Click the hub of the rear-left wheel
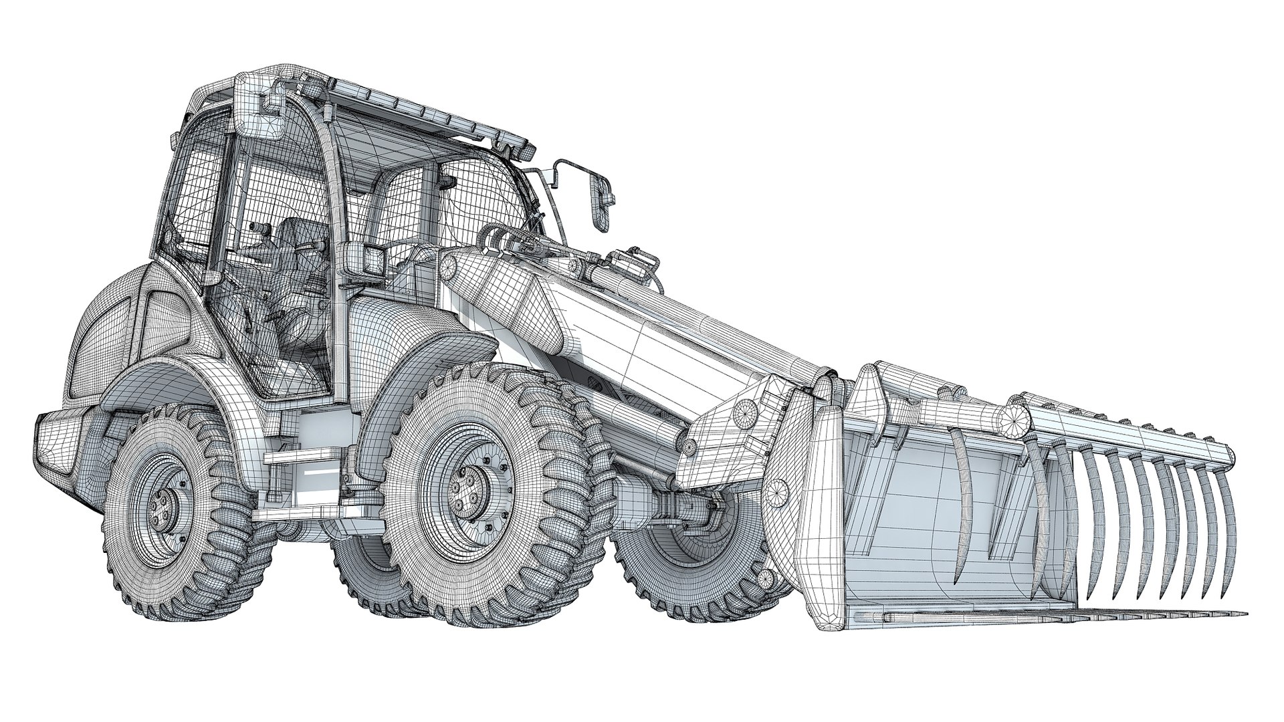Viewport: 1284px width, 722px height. pos(163,509)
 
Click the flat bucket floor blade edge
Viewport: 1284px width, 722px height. pos(1070,614)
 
